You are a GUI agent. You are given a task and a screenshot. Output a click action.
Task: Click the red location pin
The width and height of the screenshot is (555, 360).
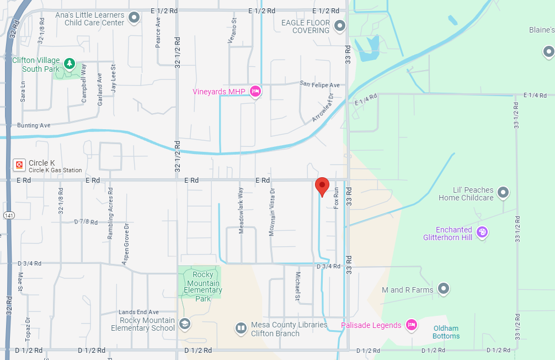tap(322, 186)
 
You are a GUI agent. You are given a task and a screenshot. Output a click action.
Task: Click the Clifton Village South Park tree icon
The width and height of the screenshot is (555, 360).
tap(70, 63)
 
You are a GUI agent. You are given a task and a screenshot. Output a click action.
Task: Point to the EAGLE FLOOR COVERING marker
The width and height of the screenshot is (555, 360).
tap(340, 25)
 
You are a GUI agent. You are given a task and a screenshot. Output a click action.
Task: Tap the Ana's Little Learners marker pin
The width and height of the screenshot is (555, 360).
tap(134, 19)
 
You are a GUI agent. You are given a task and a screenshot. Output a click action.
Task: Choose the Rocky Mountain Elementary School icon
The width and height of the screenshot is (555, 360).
tap(185, 324)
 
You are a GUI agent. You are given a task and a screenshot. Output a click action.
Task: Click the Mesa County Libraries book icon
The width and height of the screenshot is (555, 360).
tap(241, 329)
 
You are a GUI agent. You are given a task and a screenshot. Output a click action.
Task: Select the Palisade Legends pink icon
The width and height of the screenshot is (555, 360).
tap(411, 325)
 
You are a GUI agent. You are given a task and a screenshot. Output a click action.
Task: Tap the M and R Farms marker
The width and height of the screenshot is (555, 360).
tap(443, 288)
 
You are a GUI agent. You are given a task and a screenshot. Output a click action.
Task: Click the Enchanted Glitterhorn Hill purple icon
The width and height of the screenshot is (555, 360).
tap(482, 232)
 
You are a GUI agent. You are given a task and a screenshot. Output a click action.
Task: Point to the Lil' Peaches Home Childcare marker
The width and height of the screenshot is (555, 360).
tap(503, 193)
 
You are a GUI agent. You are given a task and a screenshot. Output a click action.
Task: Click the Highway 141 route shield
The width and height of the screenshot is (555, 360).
tap(8, 215)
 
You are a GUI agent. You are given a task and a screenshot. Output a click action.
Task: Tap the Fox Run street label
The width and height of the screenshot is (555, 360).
tap(336, 198)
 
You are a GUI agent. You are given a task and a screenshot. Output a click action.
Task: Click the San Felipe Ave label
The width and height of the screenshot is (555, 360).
tap(320, 85)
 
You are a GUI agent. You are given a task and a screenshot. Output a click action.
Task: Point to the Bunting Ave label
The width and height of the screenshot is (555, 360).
tap(34, 125)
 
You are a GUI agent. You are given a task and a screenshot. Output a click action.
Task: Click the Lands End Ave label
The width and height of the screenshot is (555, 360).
tap(138, 312)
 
